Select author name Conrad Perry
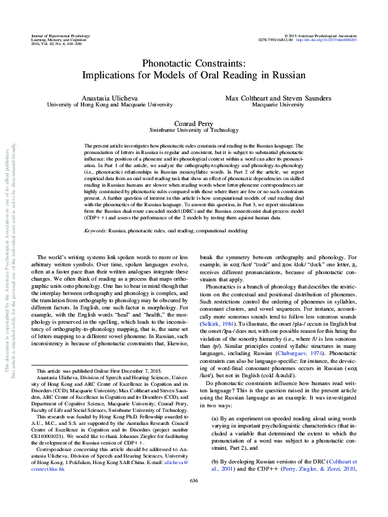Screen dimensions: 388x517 (x=194, y=123)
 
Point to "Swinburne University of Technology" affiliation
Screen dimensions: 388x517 (x=194, y=130)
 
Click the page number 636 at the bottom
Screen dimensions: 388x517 (x=194, y=499)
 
